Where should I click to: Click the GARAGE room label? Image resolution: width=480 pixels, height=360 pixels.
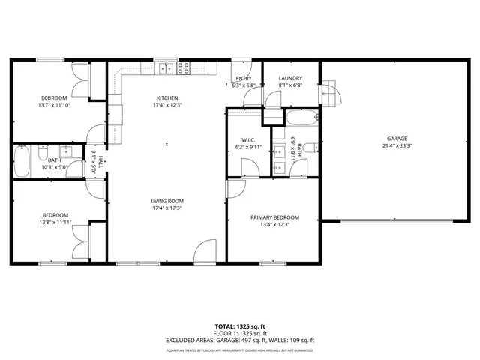coord(397,139)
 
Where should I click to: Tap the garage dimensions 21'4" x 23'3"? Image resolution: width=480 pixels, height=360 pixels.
coord(397,146)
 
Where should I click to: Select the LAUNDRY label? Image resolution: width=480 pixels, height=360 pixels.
coord(290,79)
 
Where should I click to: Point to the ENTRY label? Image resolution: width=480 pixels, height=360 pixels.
coord(244,79)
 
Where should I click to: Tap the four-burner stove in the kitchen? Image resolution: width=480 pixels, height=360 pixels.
coord(184,68)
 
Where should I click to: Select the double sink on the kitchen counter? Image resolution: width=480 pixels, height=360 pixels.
coord(166,69)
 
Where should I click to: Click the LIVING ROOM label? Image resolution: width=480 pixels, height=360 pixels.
coord(166,201)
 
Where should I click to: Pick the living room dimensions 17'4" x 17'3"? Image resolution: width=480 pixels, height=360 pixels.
coord(166,208)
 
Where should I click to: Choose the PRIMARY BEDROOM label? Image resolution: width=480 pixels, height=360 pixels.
coord(274,216)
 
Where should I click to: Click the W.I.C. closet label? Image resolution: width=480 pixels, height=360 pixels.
coord(249,139)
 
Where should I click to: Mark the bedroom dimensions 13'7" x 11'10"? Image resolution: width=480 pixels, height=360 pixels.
coord(53,106)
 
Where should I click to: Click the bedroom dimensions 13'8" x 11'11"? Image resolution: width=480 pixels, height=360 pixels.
coord(53,222)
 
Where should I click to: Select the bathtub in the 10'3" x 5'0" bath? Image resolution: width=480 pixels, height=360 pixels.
coord(22,161)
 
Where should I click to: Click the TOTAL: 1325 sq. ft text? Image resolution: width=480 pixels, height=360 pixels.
coord(239,326)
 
